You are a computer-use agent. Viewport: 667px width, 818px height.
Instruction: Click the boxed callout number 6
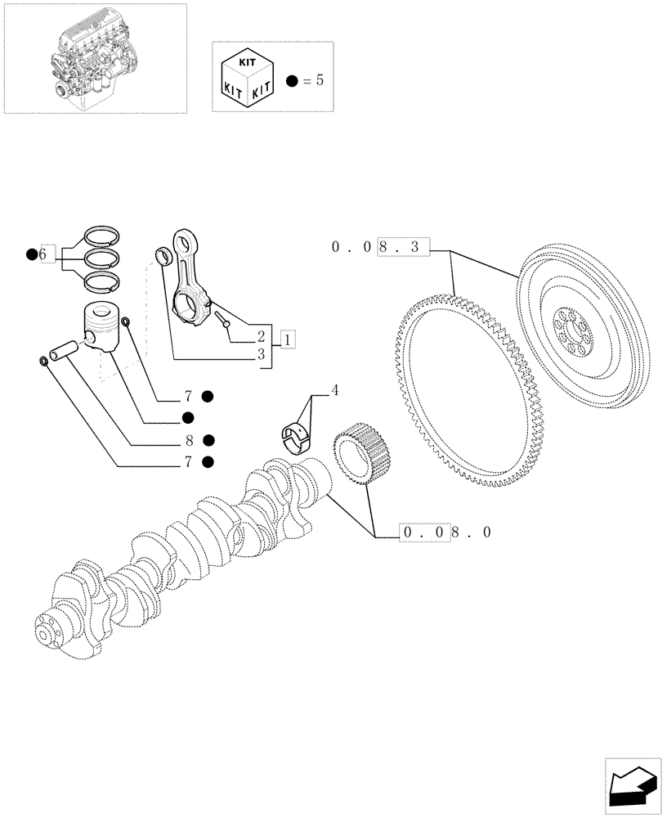click(46, 254)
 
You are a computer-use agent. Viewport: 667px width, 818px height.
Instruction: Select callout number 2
click(261, 337)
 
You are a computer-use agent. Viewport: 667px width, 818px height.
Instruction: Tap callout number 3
click(261, 355)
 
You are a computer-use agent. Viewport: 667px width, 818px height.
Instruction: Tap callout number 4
click(333, 391)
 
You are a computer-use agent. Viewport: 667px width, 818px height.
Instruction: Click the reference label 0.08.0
click(446, 533)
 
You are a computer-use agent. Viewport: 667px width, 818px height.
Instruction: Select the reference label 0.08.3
click(379, 247)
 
